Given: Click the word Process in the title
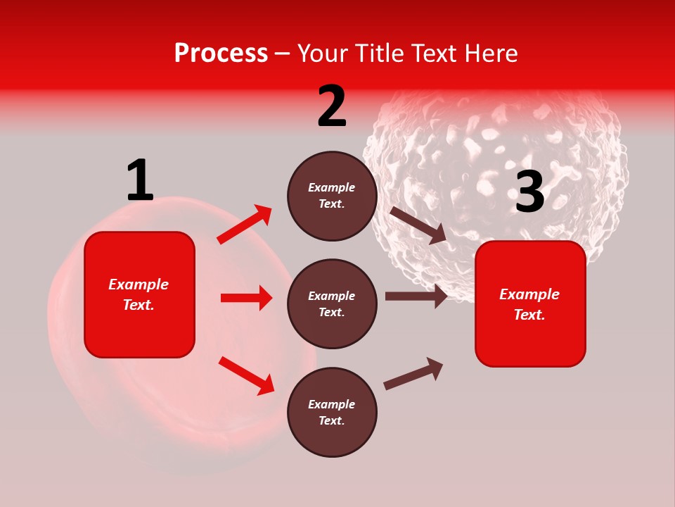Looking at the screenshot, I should point(221,54).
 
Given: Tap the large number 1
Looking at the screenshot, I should point(139,180).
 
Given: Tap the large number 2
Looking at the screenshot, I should point(332,107).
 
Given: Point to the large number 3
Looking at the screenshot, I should point(529,192).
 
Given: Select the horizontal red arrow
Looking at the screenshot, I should point(246,298).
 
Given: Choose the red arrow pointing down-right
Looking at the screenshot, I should point(246,375).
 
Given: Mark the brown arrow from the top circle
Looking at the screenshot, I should point(418,225).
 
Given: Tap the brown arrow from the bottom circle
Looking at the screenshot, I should point(413,373).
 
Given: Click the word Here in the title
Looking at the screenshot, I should point(491,54).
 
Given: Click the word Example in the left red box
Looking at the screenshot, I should point(139,284).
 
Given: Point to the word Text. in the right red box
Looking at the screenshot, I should point(529,315).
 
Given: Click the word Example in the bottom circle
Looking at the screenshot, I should point(332,404).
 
